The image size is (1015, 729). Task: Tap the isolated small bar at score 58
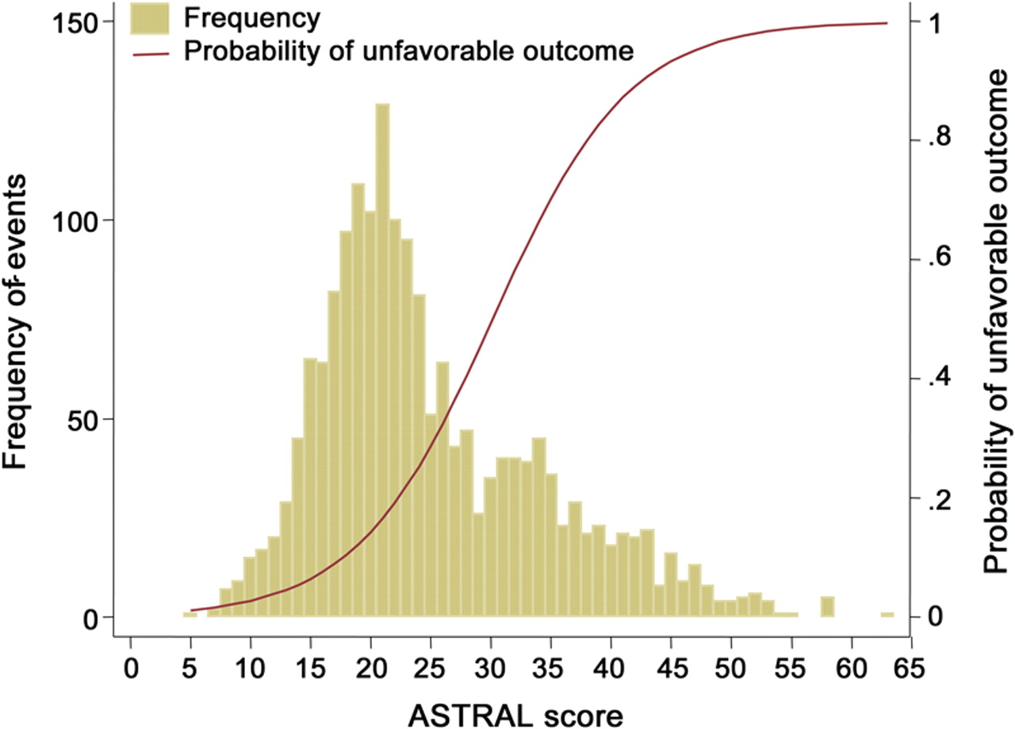pyautogui.click(x=827, y=607)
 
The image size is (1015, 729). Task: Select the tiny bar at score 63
pyautogui.click(x=887, y=615)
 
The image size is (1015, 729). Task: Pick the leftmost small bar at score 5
pyautogui.click(x=190, y=614)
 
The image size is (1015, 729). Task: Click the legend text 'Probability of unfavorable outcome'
pyautogui.click(x=408, y=52)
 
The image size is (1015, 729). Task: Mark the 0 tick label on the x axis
pyautogui.click(x=131, y=662)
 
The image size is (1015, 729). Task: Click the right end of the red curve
pyautogui.click(x=887, y=23)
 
